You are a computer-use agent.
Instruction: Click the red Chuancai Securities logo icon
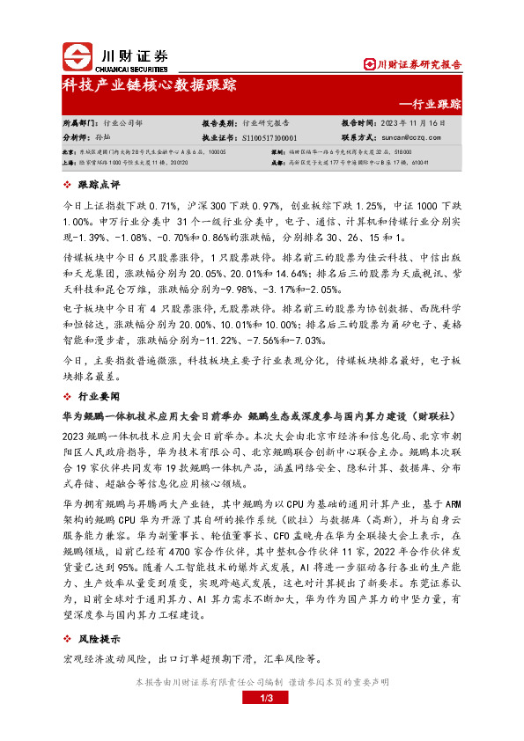point(77,57)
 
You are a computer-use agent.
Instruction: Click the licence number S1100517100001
point(269,138)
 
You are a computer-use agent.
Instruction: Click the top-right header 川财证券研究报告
point(412,64)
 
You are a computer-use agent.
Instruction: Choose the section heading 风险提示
point(100,640)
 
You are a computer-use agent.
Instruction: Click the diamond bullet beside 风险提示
point(70,640)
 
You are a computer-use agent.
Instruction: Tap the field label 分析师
point(77,138)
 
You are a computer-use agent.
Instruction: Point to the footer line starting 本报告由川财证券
point(262,682)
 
